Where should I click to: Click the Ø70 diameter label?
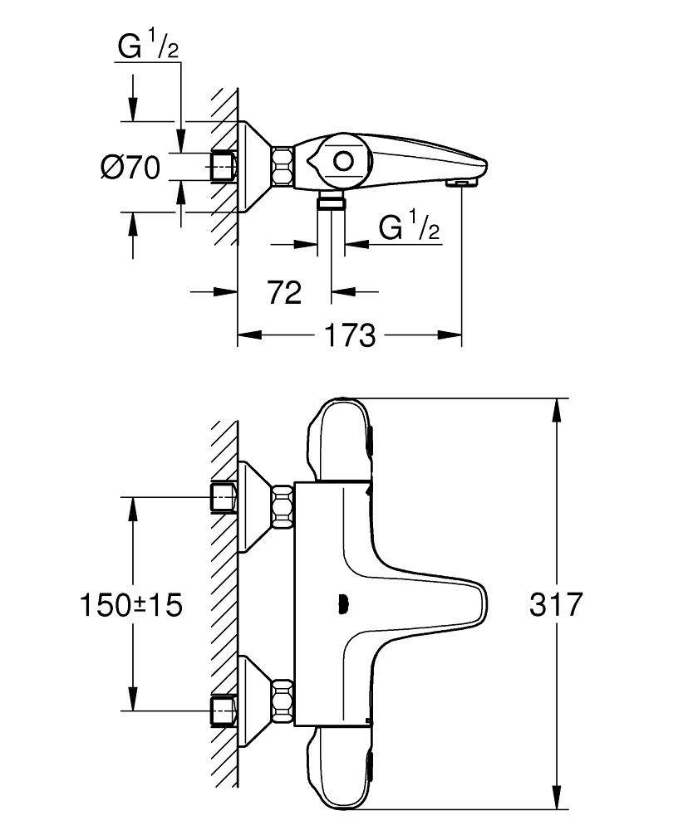point(130,168)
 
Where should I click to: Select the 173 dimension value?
point(349,336)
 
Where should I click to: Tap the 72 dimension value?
point(284,292)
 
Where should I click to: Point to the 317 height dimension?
point(556,604)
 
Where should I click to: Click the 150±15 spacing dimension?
point(131,604)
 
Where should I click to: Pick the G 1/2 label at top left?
point(148,48)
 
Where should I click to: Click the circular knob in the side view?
point(342,161)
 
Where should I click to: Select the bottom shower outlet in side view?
point(332,201)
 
